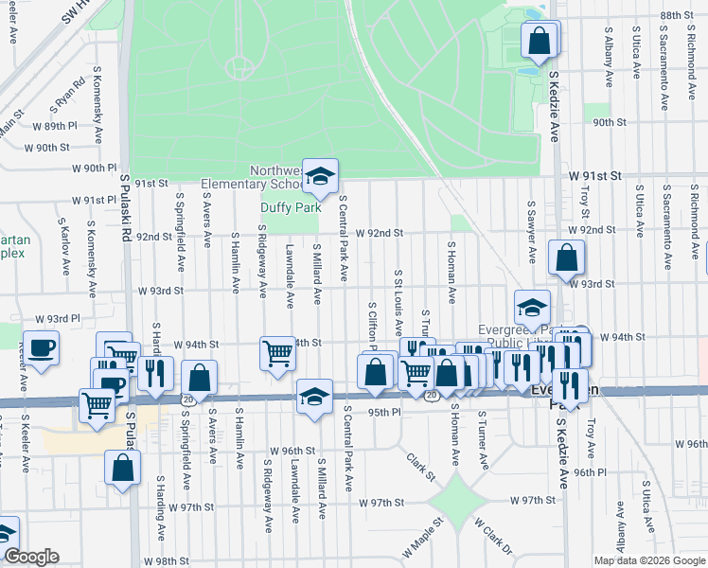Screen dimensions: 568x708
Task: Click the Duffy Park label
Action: click(291, 207)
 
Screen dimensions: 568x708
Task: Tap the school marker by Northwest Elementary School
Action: click(321, 175)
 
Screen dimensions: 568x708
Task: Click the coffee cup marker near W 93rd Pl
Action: click(41, 348)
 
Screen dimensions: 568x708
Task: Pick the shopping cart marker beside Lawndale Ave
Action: click(277, 354)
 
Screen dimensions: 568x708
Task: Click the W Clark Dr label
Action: click(492, 536)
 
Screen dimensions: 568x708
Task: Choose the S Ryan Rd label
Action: click(69, 98)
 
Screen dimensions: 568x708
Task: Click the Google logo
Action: click(31, 557)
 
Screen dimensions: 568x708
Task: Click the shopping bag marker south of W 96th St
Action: click(123, 468)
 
